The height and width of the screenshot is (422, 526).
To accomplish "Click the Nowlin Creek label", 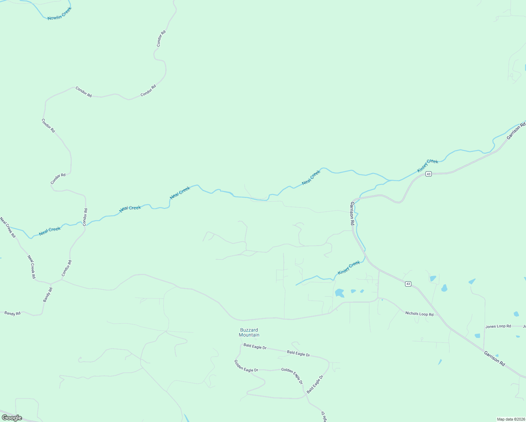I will pos(59,13).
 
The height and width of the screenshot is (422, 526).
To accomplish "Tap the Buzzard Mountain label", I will pos(249,332).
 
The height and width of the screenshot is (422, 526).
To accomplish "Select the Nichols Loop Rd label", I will pos(419,314).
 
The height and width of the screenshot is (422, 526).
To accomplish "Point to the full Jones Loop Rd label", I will pos(498,326).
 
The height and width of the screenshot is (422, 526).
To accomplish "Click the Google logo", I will pos(12,418).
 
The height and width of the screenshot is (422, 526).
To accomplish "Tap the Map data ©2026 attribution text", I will pos(510,419).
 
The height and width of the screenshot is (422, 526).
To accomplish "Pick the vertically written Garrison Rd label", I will pos(352,213).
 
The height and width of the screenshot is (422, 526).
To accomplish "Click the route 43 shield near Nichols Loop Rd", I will pos(408,284).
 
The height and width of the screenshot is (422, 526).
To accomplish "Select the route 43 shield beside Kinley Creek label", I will pos(428,174).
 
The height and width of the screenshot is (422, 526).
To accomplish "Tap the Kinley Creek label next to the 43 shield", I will pos(428,166).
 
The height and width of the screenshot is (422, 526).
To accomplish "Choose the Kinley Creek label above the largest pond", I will pos(349,268).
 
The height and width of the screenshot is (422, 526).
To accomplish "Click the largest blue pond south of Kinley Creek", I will pos(339,293).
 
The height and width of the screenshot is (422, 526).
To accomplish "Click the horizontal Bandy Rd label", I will pos(12,313).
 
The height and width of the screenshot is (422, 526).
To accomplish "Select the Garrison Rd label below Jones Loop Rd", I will pos(494,358).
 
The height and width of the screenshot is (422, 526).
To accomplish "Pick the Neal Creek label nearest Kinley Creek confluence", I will pos(311,178).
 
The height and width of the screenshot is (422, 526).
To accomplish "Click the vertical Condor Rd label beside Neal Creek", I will pos(85,217).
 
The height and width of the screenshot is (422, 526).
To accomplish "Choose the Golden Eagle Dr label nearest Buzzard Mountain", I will pos(246,366).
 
